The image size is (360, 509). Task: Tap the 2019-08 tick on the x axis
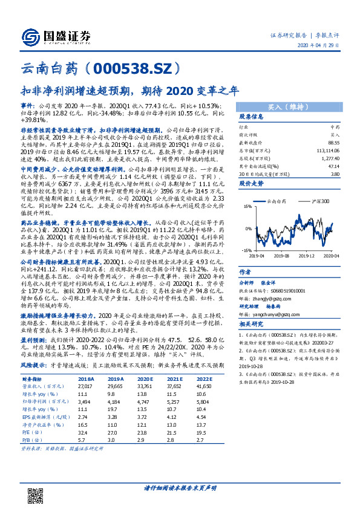pyautogui.click(x=283, y=255)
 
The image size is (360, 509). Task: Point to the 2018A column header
pyautogui.click(x=87, y=378)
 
